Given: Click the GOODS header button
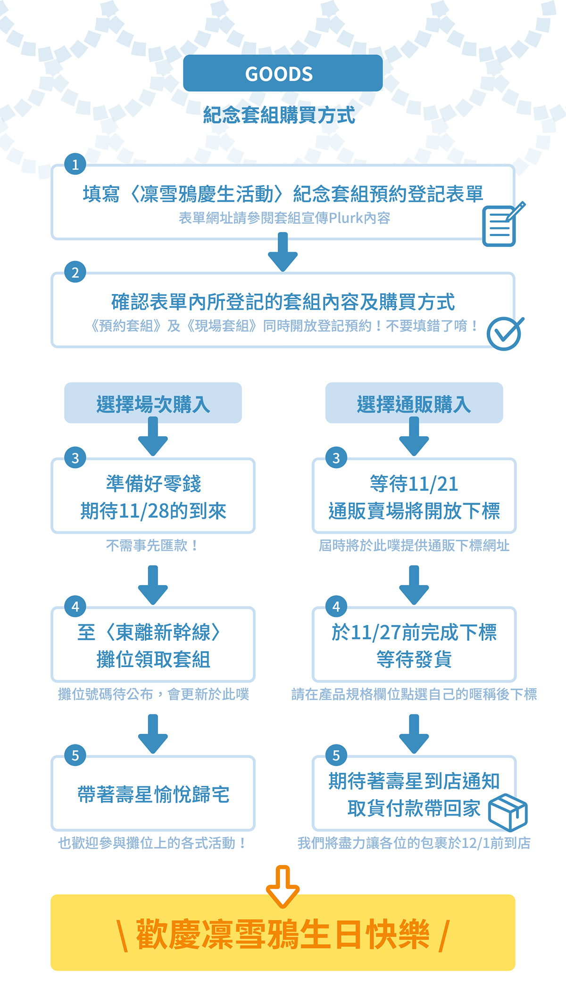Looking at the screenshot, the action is [x=283, y=73].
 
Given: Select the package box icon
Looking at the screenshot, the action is [x=508, y=812].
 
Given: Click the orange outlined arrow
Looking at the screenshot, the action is [x=283, y=886].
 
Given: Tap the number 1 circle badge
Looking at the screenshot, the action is [x=75, y=164].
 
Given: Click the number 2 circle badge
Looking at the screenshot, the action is [x=75, y=272].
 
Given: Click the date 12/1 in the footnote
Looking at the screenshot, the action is [x=475, y=843].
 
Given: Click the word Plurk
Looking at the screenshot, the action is [x=346, y=218].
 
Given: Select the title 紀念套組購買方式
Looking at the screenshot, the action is [x=279, y=115].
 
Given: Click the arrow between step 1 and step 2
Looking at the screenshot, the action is [x=283, y=252].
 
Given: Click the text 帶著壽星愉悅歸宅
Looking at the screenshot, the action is [x=153, y=794].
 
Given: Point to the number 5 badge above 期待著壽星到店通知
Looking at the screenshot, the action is [x=336, y=755].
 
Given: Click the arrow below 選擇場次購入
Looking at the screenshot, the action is [x=153, y=437].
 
